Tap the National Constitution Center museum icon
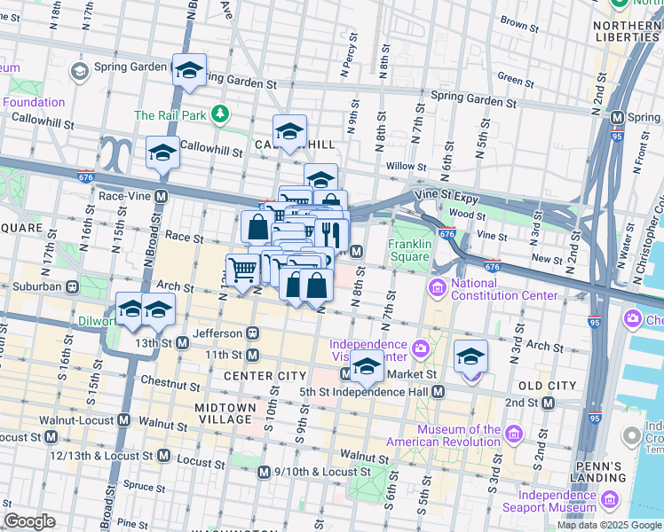coord(437,287)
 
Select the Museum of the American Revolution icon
coord(513,433)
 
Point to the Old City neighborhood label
coord(548,386)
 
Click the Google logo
coord(29,520)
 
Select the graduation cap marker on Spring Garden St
coord(189,70)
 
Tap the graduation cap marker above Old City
coord(470,356)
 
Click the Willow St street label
coord(407,166)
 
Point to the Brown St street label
coord(515,20)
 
